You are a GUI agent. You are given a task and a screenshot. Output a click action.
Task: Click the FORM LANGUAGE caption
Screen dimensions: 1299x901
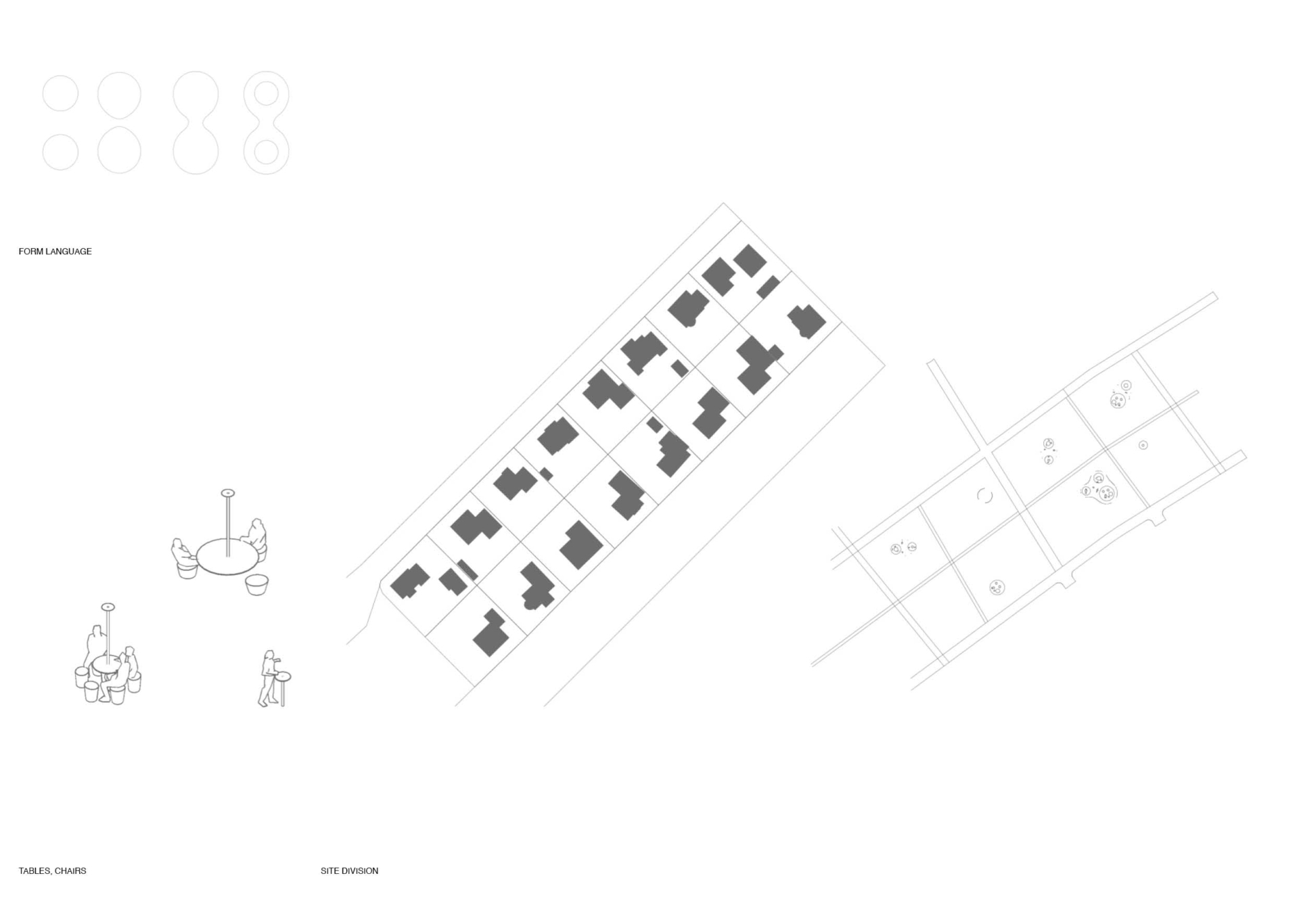tap(55, 251)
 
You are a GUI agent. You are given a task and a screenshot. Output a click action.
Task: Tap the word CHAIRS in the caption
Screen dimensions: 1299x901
tap(70, 871)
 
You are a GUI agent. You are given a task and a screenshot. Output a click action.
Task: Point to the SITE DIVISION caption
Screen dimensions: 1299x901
tap(349, 871)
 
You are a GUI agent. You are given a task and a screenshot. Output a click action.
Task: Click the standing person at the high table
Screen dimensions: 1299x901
tap(269, 678)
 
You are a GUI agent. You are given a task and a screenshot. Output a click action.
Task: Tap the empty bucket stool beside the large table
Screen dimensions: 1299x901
tap(256, 584)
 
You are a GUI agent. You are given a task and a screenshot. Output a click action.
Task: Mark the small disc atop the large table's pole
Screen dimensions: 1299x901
tap(228, 492)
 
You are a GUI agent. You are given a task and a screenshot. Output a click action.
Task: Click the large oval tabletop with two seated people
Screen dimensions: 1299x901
tap(227, 557)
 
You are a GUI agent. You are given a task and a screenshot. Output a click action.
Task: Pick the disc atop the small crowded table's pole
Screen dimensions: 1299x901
tap(108, 607)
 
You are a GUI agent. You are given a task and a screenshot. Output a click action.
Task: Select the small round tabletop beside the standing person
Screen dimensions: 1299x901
tap(283, 676)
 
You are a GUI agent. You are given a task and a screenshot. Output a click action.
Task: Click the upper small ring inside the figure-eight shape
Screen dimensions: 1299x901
tap(266, 93)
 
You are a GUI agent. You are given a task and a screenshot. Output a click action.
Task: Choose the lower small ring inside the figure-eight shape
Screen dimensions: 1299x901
tap(266, 152)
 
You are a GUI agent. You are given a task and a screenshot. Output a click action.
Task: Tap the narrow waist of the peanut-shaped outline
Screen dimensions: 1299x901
tap(196, 123)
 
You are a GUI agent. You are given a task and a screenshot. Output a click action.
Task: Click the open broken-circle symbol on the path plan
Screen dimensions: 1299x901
tap(984, 496)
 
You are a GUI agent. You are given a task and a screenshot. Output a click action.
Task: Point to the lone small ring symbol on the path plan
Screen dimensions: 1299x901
tap(1143, 445)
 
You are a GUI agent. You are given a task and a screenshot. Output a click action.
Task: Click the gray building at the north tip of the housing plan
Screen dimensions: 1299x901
tap(750, 260)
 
